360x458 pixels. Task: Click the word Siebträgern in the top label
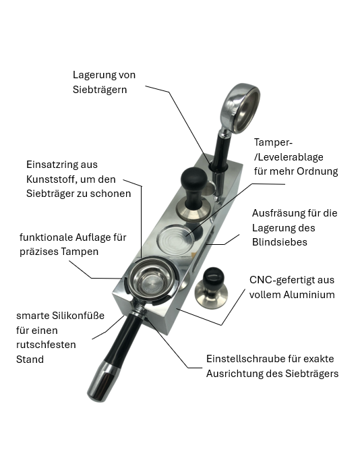pyautogui.click(x=100, y=90)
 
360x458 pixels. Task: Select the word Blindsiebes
pyautogui.click(x=279, y=242)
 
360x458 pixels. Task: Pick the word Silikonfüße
pyautogui.click(x=78, y=316)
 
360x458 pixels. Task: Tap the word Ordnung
pyautogui.click(x=317, y=171)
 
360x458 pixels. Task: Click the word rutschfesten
pyautogui.click(x=46, y=345)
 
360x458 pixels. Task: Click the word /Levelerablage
pyautogui.click(x=289, y=157)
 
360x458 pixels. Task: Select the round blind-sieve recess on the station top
pyautogui.click(x=176, y=240)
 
